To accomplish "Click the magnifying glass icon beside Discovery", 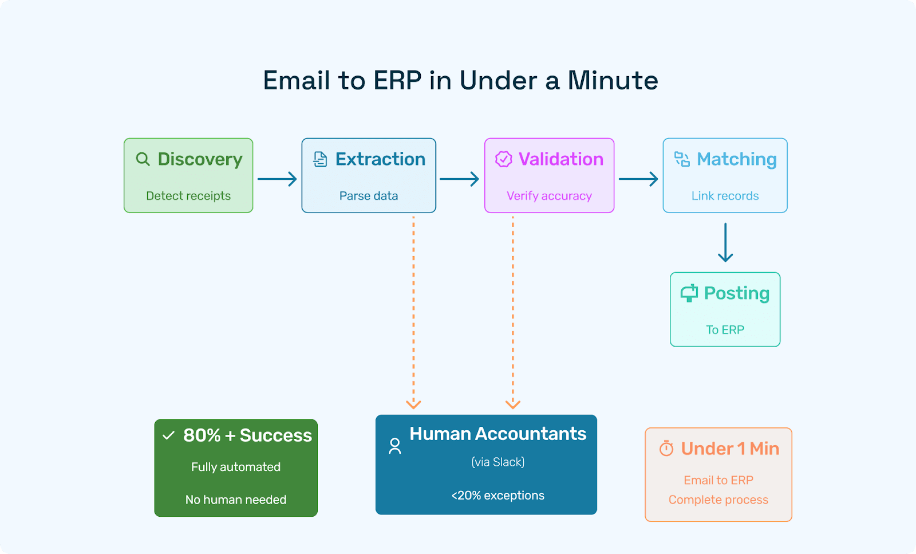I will pyautogui.click(x=143, y=159).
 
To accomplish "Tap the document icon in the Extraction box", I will pyautogui.click(x=321, y=159).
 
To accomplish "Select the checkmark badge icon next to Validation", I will pyautogui.click(x=503, y=159).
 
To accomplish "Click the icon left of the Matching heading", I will pyautogui.click(x=682, y=159).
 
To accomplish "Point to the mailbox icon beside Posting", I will pyautogui.click(x=689, y=293).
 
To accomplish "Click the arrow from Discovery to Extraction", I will pyautogui.click(x=277, y=179).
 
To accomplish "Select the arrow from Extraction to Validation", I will pyautogui.click(x=459, y=179).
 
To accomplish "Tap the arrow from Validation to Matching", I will pyautogui.click(x=638, y=179).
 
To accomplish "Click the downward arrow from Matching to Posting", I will pyautogui.click(x=725, y=242).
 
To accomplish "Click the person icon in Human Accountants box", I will pyautogui.click(x=395, y=446).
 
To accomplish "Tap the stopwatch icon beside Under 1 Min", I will pyautogui.click(x=666, y=449).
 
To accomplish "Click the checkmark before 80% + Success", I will pyautogui.click(x=168, y=435).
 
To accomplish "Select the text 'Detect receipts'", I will pyautogui.click(x=188, y=196).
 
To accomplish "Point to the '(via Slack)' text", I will pyautogui.click(x=498, y=462).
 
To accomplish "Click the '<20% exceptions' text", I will pyautogui.click(x=498, y=496).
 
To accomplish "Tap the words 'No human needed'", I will pyautogui.click(x=236, y=500).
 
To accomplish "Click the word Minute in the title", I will pyautogui.click(x=613, y=80).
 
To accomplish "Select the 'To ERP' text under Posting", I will pyautogui.click(x=725, y=330).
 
